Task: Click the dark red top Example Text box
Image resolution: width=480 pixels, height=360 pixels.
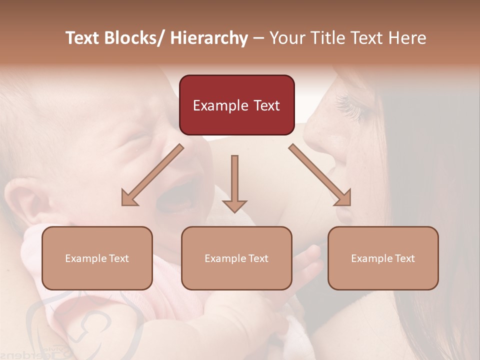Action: click(236, 105)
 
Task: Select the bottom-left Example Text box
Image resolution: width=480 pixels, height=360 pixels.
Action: click(97, 258)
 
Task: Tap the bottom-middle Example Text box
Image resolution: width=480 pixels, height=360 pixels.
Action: click(236, 258)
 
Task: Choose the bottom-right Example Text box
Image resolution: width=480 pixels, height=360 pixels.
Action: click(383, 258)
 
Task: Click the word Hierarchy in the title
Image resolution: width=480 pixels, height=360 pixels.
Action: click(209, 38)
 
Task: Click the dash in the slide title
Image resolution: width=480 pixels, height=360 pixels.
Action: click(258, 38)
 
